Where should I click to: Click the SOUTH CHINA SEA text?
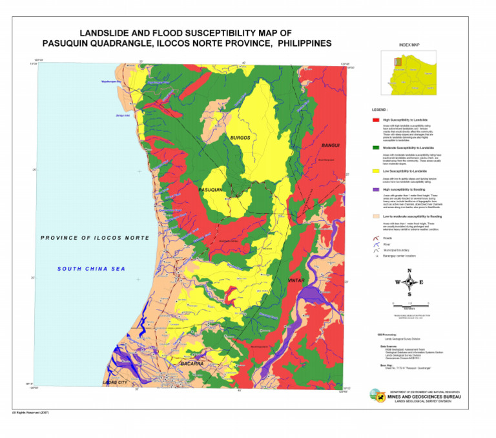(x=90, y=269)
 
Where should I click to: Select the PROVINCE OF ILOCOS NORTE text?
(x=94, y=238)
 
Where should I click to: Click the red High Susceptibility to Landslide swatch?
(x=376, y=120)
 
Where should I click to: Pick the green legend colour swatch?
(x=376, y=147)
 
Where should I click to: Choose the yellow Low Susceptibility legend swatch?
(x=376, y=171)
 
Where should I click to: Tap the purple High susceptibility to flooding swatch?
(x=376, y=189)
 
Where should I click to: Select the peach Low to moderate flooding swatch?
(x=376, y=216)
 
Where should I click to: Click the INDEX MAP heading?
(x=409, y=46)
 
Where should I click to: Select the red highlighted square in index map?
(x=398, y=61)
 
